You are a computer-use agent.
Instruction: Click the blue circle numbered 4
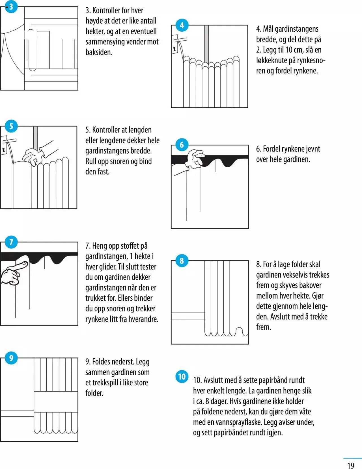point(182,25)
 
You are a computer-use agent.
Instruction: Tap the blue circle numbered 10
point(182,377)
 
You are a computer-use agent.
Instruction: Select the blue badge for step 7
point(11,242)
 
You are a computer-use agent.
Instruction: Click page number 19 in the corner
point(351,465)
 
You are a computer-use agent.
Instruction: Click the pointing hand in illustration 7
point(13,272)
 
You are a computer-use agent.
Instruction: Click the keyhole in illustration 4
point(174,49)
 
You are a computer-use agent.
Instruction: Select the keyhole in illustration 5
point(4,150)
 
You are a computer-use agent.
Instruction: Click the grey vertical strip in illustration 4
point(206,44)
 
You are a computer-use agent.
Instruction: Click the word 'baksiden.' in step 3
point(99,52)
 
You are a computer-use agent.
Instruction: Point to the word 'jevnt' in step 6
point(313,149)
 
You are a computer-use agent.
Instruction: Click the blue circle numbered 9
point(11,358)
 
